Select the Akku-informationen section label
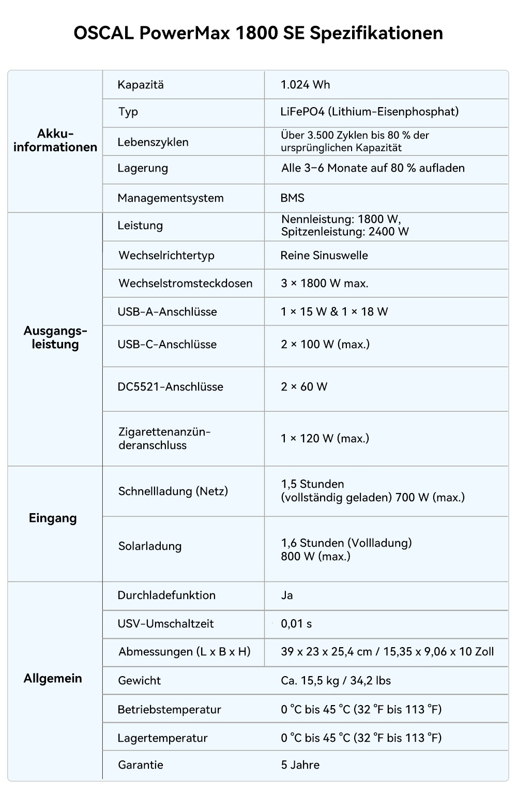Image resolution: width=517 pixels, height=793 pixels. [x=55, y=141]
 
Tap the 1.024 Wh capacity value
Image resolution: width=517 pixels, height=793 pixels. [x=305, y=85]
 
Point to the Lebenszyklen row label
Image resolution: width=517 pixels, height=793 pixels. [x=153, y=142]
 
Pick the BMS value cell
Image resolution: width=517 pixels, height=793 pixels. [x=293, y=198]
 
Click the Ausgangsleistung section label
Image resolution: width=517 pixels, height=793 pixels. [x=55, y=338]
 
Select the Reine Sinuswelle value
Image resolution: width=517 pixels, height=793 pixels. [x=324, y=256]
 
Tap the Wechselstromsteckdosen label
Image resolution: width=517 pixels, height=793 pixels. [x=185, y=283]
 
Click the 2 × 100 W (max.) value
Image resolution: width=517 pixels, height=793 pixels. [x=325, y=345]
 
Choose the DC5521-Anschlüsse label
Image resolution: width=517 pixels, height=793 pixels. [x=170, y=387]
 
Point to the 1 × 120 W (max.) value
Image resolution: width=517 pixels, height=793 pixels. [x=325, y=439]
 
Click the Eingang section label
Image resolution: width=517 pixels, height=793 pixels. [x=53, y=518]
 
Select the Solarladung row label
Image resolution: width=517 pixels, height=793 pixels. [x=150, y=546]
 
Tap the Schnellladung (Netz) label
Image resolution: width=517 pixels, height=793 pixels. [x=173, y=491]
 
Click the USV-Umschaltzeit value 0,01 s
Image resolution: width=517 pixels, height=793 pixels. [x=296, y=624]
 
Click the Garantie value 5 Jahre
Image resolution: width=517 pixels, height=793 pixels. [x=300, y=765]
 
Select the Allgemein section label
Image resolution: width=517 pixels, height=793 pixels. [x=53, y=679]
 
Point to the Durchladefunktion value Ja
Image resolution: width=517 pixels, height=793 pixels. [x=287, y=595]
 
